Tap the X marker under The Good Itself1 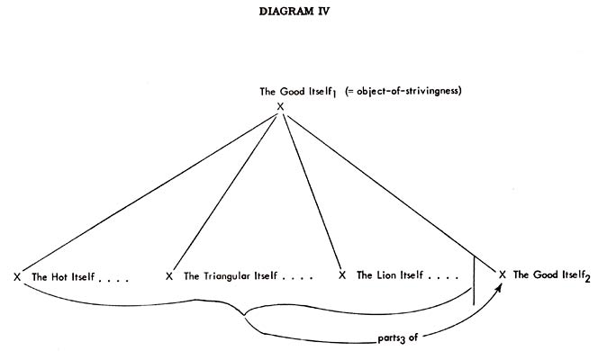pyautogui.click(x=280, y=106)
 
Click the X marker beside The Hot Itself pyautogui.click(x=17, y=275)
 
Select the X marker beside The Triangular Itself pyautogui.click(x=169, y=275)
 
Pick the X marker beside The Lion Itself pyautogui.click(x=341, y=275)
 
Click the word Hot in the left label pyautogui.click(x=62, y=276)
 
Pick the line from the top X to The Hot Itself pyautogui.click(x=149, y=189)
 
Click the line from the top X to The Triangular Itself pyautogui.click(x=225, y=189)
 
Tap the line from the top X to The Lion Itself pyautogui.click(x=311, y=189)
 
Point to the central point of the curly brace pyautogui.click(x=244, y=317)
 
